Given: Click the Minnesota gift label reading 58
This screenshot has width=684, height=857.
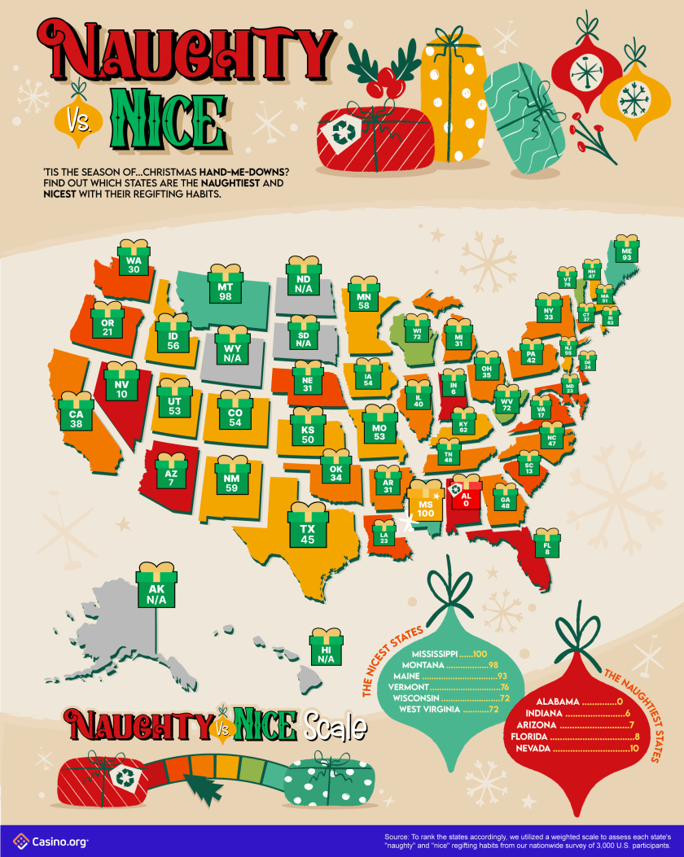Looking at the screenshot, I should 363,299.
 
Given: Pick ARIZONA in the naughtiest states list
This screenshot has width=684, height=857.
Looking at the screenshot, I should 533,724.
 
